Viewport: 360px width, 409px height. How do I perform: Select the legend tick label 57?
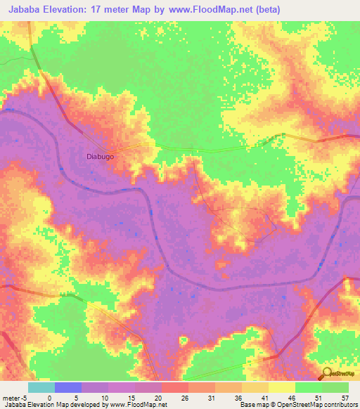point(345,397)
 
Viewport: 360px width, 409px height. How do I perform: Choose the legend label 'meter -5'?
point(14,397)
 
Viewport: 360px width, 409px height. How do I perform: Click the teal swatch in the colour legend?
point(41,387)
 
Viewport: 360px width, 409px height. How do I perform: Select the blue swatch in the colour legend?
point(68,387)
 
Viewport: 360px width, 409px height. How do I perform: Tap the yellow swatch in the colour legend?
point(282,387)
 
